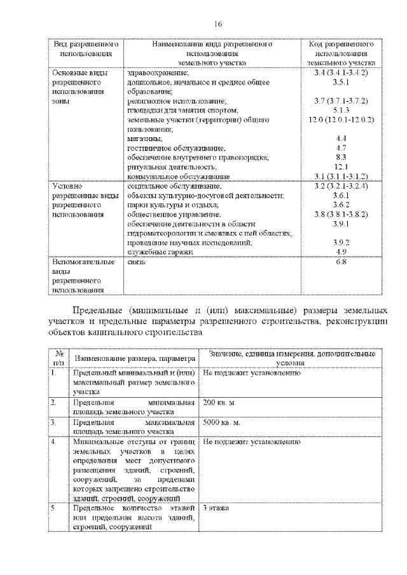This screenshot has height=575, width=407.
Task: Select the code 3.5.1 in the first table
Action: pyautogui.click(x=340, y=83)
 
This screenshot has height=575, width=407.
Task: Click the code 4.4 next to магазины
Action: pyautogui.click(x=340, y=139)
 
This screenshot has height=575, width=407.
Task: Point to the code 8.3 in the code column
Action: pyautogui.click(x=340, y=157)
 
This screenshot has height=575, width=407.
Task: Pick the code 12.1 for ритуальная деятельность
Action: pyautogui.click(x=340, y=166)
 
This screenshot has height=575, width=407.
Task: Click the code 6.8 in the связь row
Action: pyautogui.click(x=340, y=261)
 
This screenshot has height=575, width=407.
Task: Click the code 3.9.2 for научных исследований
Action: pyautogui.click(x=340, y=243)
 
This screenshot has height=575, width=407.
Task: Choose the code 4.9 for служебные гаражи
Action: pyautogui.click(x=340, y=252)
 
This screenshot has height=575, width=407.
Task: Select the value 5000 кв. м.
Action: pyautogui.click(x=222, y=422)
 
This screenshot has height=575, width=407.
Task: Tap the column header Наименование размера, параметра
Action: pyautogui.click(x=134, y=358)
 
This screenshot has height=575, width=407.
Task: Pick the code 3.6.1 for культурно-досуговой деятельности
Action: pyautogui.click(x=340, y=196)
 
